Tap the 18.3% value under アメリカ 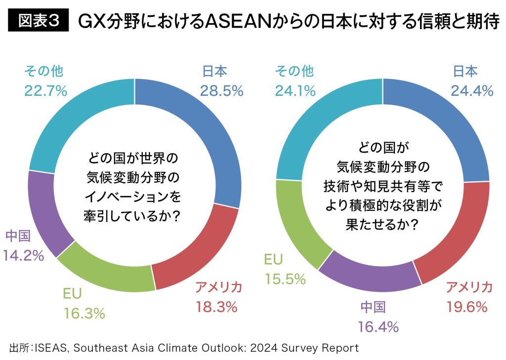click(216, 307)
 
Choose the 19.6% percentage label click(466, 307)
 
